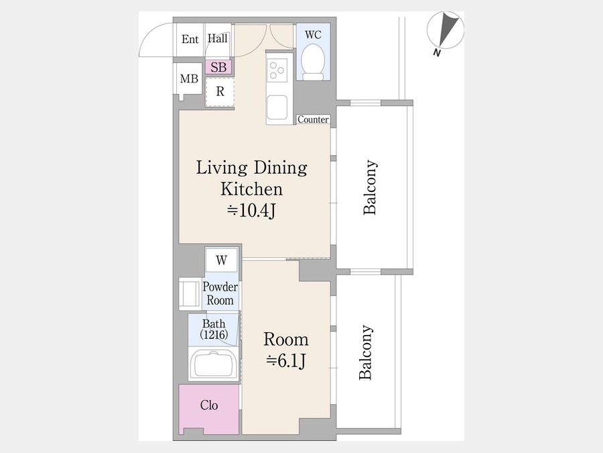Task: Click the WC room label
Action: (313, 35)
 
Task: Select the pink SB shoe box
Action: (218, 67)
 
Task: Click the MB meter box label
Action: (189, 79)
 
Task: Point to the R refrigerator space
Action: (220, 92)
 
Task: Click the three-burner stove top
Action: (277, 70)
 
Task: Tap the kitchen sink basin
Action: (277, 107)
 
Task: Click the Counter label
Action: (313, 119)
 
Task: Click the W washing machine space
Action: (221, 260)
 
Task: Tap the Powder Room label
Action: (220, 293)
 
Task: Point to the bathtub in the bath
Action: (214, 364)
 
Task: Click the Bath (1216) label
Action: (214, 329)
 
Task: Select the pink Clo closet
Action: (209, 409)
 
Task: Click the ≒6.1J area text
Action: (286, 360)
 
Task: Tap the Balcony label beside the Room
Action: (365, 352)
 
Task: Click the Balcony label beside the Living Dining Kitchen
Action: (370, 187)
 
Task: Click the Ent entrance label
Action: (190, 39)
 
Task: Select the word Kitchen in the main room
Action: (251, 189)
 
